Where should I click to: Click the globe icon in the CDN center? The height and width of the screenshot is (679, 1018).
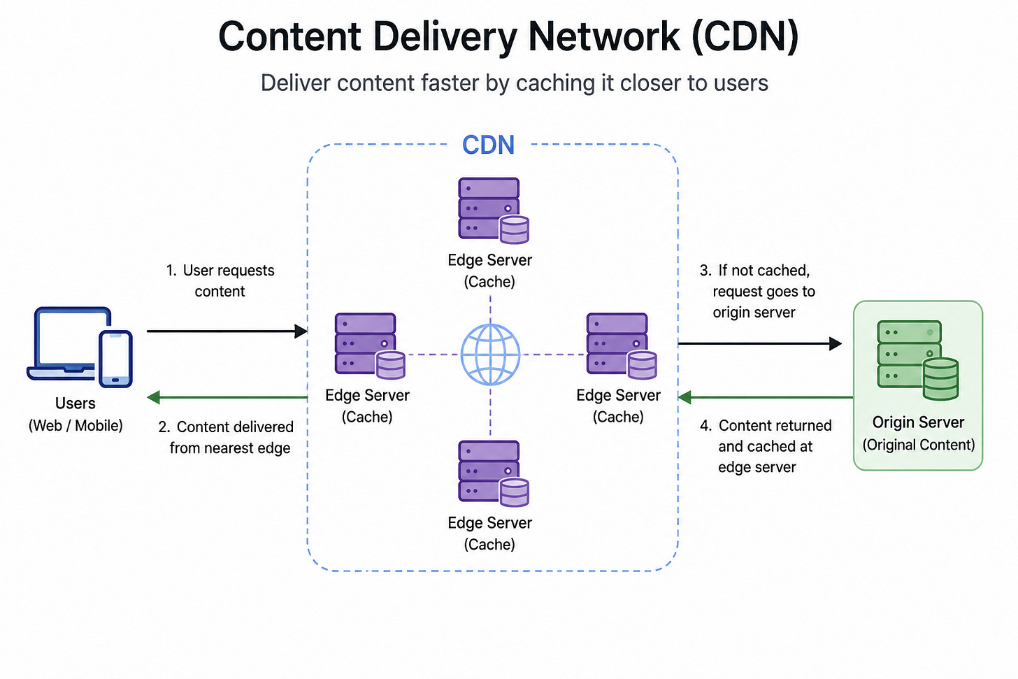click(490, 354)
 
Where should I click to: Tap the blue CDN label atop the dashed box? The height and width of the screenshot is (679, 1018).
click(488, 145)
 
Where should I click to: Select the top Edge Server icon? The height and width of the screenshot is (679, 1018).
click(493, 210)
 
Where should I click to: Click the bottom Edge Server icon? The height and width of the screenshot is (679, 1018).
click(493, 473)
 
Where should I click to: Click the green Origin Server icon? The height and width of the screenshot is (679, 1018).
click(917, 360)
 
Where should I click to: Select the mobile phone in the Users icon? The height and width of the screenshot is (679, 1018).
click(115, 359)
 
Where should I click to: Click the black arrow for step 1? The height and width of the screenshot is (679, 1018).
click(227, 331)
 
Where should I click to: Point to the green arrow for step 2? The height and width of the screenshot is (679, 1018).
click(227, 397)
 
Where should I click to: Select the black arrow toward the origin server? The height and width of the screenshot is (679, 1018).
click(759, 343)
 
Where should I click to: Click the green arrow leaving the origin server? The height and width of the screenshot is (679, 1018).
click(766, 397)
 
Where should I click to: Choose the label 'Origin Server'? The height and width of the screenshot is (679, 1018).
click(918, 422)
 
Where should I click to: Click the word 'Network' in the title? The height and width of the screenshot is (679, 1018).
click(604, 36)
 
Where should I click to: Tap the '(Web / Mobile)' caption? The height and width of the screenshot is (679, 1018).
click(76, 425)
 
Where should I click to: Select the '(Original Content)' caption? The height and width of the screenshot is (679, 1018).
click(919, 445)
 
